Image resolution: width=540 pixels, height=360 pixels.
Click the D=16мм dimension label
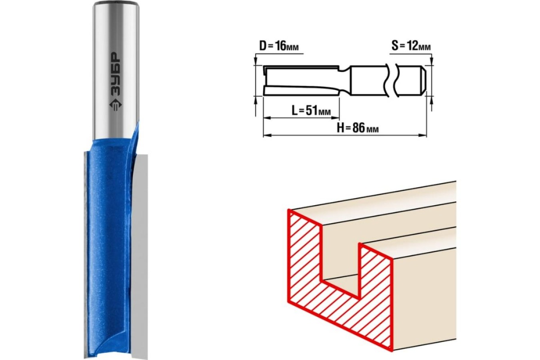pyautogui.click(x=279, y=46)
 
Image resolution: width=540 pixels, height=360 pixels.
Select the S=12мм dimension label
pyautogui.click(x=411, y=46)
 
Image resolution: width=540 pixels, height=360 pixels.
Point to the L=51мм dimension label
pyautogui.click(x=311, y=111)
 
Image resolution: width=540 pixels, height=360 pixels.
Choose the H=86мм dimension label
pyautogui.click(x=357, y=128)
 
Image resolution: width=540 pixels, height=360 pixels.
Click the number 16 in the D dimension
pyautogui.click(x=281, y=46)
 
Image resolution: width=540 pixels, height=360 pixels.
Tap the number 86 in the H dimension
pyautogui.click(x=358, y=128)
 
